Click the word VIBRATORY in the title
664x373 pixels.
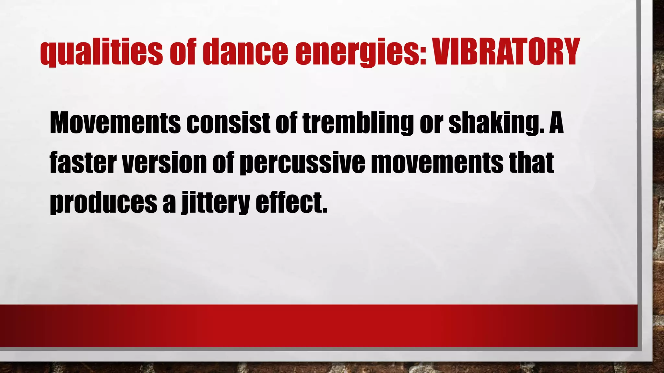coord(506,52)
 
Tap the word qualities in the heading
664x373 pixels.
coord(101,52)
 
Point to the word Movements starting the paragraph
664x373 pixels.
coord(115,123)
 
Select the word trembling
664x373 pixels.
coord(358,123)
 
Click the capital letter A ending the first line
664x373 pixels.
coord(556,123)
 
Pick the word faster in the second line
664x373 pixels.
coord(83,163)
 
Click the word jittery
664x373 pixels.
coord(215,203)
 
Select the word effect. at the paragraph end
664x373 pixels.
coord(291,203)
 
